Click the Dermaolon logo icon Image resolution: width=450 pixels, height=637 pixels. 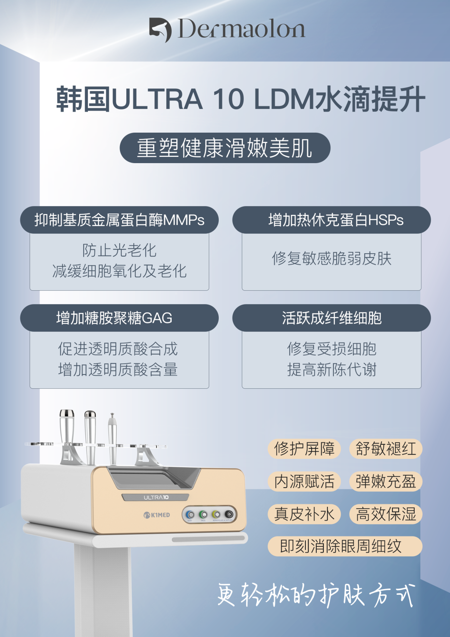pos(160,30)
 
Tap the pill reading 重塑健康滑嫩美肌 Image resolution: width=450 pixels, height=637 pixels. pos(225,148)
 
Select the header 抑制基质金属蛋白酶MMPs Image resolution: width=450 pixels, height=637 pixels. pos(119,220)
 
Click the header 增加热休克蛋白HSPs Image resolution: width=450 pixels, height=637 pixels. pos(332,220)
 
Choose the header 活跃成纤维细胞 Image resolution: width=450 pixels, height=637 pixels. pos(332,317)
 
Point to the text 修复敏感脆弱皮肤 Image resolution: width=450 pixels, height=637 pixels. pos(332,259)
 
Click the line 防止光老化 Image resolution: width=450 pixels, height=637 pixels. pos(119,250)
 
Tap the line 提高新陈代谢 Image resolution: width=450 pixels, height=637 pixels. pos(332,370)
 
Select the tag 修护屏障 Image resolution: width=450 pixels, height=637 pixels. pos(304,449)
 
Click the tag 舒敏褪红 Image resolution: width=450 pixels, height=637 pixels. pos(386,449)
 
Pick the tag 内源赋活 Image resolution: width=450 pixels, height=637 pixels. pos(304,481)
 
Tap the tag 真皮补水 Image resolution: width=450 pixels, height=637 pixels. pos(304,514)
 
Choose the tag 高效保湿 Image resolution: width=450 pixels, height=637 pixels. pos(386,514)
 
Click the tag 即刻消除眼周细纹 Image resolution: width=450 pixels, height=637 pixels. pos(345,546)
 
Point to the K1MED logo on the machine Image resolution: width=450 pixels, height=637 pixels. pos(157,515)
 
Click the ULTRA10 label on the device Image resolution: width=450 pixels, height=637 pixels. pos(156,497)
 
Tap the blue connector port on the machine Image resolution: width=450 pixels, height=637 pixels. pos(190,514)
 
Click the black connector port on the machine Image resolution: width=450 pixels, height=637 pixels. pos(229,514)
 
